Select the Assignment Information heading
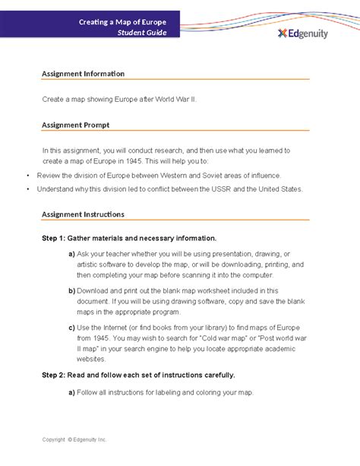coord(83,74)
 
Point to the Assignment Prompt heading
coord(75,124)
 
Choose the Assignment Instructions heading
coord(83,214)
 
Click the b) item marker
coord(71,290)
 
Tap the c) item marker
coord(71,328)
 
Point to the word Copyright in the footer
coord(56,440)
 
